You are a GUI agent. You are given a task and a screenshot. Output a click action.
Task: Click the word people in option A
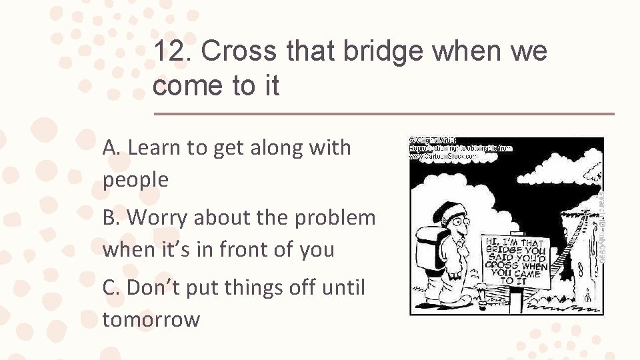(135, 179)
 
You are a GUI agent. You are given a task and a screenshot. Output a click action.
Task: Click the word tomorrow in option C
(151, 319)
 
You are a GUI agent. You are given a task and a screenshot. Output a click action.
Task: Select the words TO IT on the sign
(513, 281)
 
